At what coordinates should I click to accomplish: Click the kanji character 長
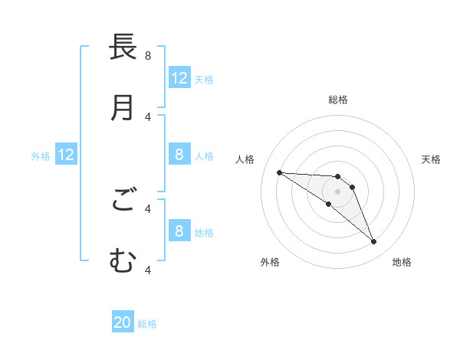tap(123, 47)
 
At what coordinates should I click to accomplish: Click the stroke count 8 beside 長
tap(148, 55)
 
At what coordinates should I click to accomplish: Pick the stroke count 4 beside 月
tap(148, 116)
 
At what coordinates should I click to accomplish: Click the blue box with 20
tap(123, 323)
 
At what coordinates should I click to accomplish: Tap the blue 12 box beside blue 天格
tap(179, 78)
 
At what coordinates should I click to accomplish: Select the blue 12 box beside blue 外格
tap(66, 155)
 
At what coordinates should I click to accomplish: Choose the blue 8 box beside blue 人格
tap(179, 155)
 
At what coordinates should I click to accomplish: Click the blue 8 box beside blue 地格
tap(179, 231)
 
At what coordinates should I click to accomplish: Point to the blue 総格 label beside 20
tap(147, 324)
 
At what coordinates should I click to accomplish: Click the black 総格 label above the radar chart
tap(338, 100)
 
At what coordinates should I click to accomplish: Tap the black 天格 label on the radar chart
tap(431, 159)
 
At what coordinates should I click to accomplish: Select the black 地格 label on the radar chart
tap(402, 262)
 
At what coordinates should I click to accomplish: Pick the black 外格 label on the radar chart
tap(270, 262)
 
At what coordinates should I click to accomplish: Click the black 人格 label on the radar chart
tap(245, 159)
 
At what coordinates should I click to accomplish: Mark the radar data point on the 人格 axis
tap(279, 172)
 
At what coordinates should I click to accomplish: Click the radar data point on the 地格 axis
tap(374, 242)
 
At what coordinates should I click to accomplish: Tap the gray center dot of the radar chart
tap(338, 191)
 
